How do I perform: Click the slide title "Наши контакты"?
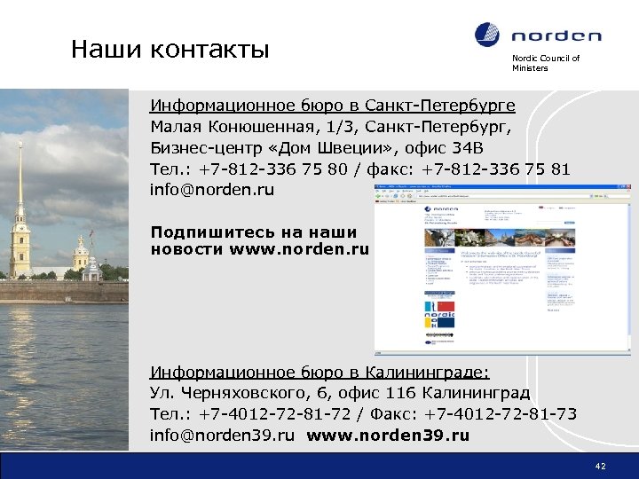click(170, 49)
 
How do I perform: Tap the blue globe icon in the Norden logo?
click(487, 35)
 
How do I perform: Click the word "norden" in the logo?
click(556, 36)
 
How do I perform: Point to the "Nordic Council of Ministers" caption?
click(545, 63)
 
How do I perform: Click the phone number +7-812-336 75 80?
click(267, 169)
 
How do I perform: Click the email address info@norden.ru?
click(212, 190)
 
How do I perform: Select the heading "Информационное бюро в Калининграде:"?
click(319, 372)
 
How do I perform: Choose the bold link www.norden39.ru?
click(390, 436)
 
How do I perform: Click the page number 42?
click(601, 465)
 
